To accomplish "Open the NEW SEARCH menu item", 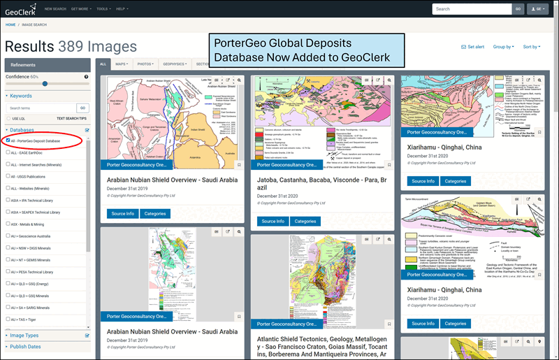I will (x=55, y=9).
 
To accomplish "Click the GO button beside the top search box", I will (x=518, y=9).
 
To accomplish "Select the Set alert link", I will (x=473, y=47).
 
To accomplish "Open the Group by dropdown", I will (x=503, y=47).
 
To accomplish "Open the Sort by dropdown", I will (x=531, y=47).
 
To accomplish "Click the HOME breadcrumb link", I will (x=10, y=24).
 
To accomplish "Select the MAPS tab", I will (x=122, y=64).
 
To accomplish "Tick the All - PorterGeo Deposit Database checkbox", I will (x=8, y=141).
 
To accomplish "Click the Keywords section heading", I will (x=21, y=96).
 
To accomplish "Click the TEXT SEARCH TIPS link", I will (x=73, y=119).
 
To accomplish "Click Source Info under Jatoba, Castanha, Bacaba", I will (x=270, y=221).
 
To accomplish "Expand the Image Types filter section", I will (x=24, y=336).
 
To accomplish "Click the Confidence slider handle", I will (x=45, y=83).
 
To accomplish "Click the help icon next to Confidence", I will (x=87, y=76).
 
